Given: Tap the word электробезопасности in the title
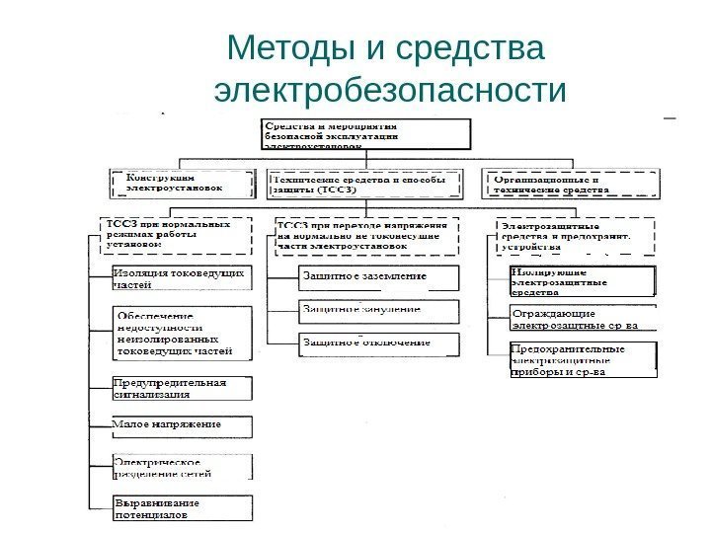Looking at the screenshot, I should click(391, 92).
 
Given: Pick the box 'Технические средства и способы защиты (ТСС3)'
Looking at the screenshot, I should click(366, 185).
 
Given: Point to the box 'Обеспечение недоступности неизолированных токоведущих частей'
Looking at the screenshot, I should click(183, 333).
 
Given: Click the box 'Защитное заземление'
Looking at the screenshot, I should click(379, 277).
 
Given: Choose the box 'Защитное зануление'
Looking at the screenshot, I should click(379, 310).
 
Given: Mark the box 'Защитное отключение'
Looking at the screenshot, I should click(379, 343).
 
